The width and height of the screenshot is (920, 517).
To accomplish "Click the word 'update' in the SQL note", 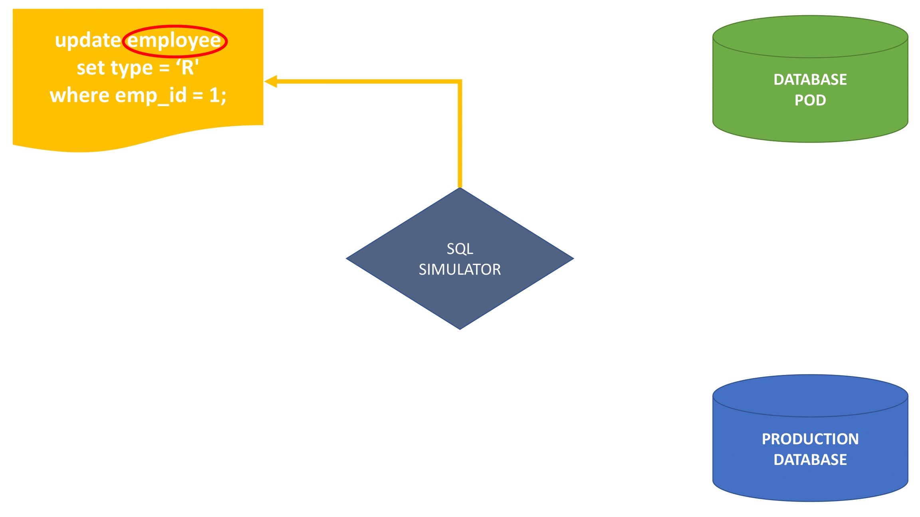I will tap(87, 40).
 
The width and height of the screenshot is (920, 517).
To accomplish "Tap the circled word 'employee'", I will tap(174, 41).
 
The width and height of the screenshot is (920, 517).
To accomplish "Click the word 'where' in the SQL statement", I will tap(79, 95).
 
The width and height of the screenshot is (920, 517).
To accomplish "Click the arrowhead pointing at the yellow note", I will tap(271, 81).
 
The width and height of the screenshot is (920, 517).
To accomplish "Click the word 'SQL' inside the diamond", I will tap(460, 249).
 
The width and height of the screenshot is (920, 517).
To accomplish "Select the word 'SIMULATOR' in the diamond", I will tap(460, 269).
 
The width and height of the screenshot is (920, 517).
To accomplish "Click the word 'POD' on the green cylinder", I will tap(810, 100).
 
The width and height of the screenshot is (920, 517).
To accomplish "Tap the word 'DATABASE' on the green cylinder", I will tap(810, 79).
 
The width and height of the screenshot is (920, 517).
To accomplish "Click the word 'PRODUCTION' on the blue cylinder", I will tap(810, 439).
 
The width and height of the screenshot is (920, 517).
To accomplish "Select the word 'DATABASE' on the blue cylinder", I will tap(810, 460).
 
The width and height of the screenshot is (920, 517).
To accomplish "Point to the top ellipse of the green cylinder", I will tap(810, 37).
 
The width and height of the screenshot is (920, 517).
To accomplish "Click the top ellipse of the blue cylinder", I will tap(810, 396).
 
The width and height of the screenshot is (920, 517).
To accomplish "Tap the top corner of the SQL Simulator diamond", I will tap(460, 189).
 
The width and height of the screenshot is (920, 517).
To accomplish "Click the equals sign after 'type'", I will tap(164, 68).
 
